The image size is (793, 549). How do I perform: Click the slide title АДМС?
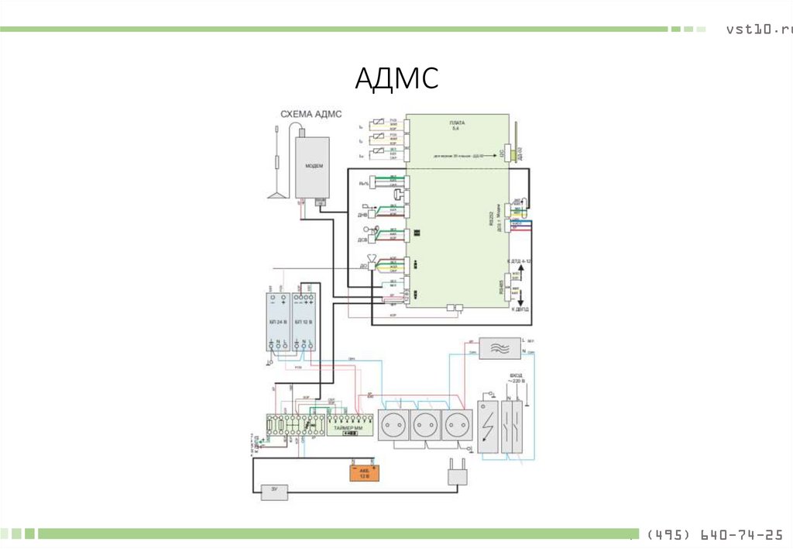tap(397, 79)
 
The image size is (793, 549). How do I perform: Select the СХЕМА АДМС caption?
tap(311, 114)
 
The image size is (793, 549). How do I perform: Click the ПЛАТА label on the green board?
tap(457, 125)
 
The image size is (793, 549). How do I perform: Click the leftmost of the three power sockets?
tap(393, 426)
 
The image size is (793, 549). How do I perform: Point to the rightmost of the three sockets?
tap(456, 426)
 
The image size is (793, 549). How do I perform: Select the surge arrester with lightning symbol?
tap(487, 423)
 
